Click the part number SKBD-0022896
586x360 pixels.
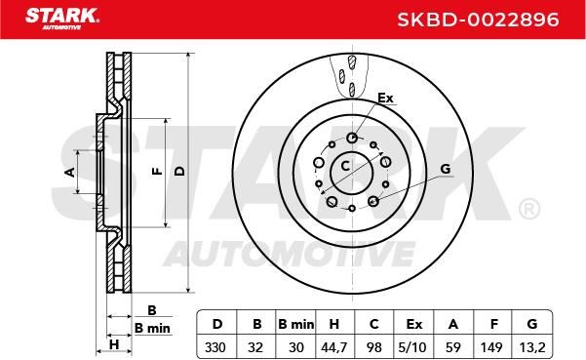[478, 20]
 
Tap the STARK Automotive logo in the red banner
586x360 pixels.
[62, 19]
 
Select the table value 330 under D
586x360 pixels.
[215, 347]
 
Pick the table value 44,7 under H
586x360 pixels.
[334, 347]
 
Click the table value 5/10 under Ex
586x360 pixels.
[412, 347]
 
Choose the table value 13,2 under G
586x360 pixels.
[532, 347]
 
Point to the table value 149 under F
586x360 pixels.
[491, 347]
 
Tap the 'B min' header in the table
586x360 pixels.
[296, 324]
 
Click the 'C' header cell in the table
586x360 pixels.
[373, 324]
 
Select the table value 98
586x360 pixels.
[373, 347]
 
